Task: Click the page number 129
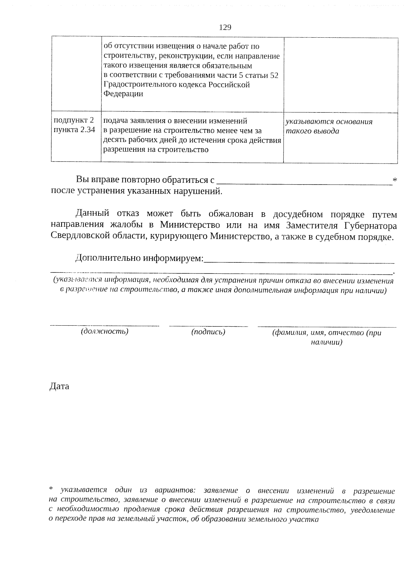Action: click(225, 27)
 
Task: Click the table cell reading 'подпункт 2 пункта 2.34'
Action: click(73, 125)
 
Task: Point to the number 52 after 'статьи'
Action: click(274, 75)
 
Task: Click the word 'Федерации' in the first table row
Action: click(123, 94)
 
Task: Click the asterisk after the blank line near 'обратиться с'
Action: click(395, 179)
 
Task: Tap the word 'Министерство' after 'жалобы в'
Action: click(190, 225)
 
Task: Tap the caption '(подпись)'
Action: click(208, 332)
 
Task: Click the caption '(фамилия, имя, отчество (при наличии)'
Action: click(326, 337)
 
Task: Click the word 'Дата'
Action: click(59, 386)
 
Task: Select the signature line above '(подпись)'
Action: click(208, 326)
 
